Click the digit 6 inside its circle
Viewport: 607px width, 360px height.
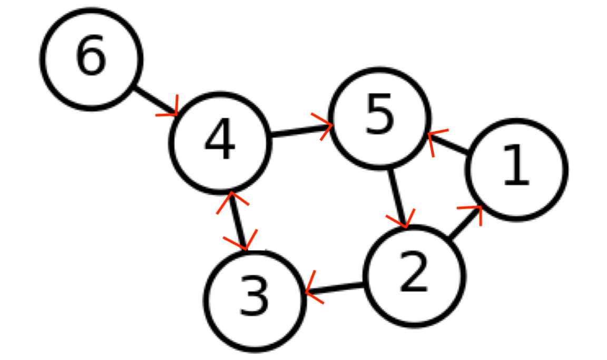pyautogui.click(x=91, y=56)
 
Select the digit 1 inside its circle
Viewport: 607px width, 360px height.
pyautogui.click(x=516, y=166)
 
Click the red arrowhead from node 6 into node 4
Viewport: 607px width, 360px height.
pyautogui.click(x=172, y=109)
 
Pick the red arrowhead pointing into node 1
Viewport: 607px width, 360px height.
pyautogui.click(x=474, y=211)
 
